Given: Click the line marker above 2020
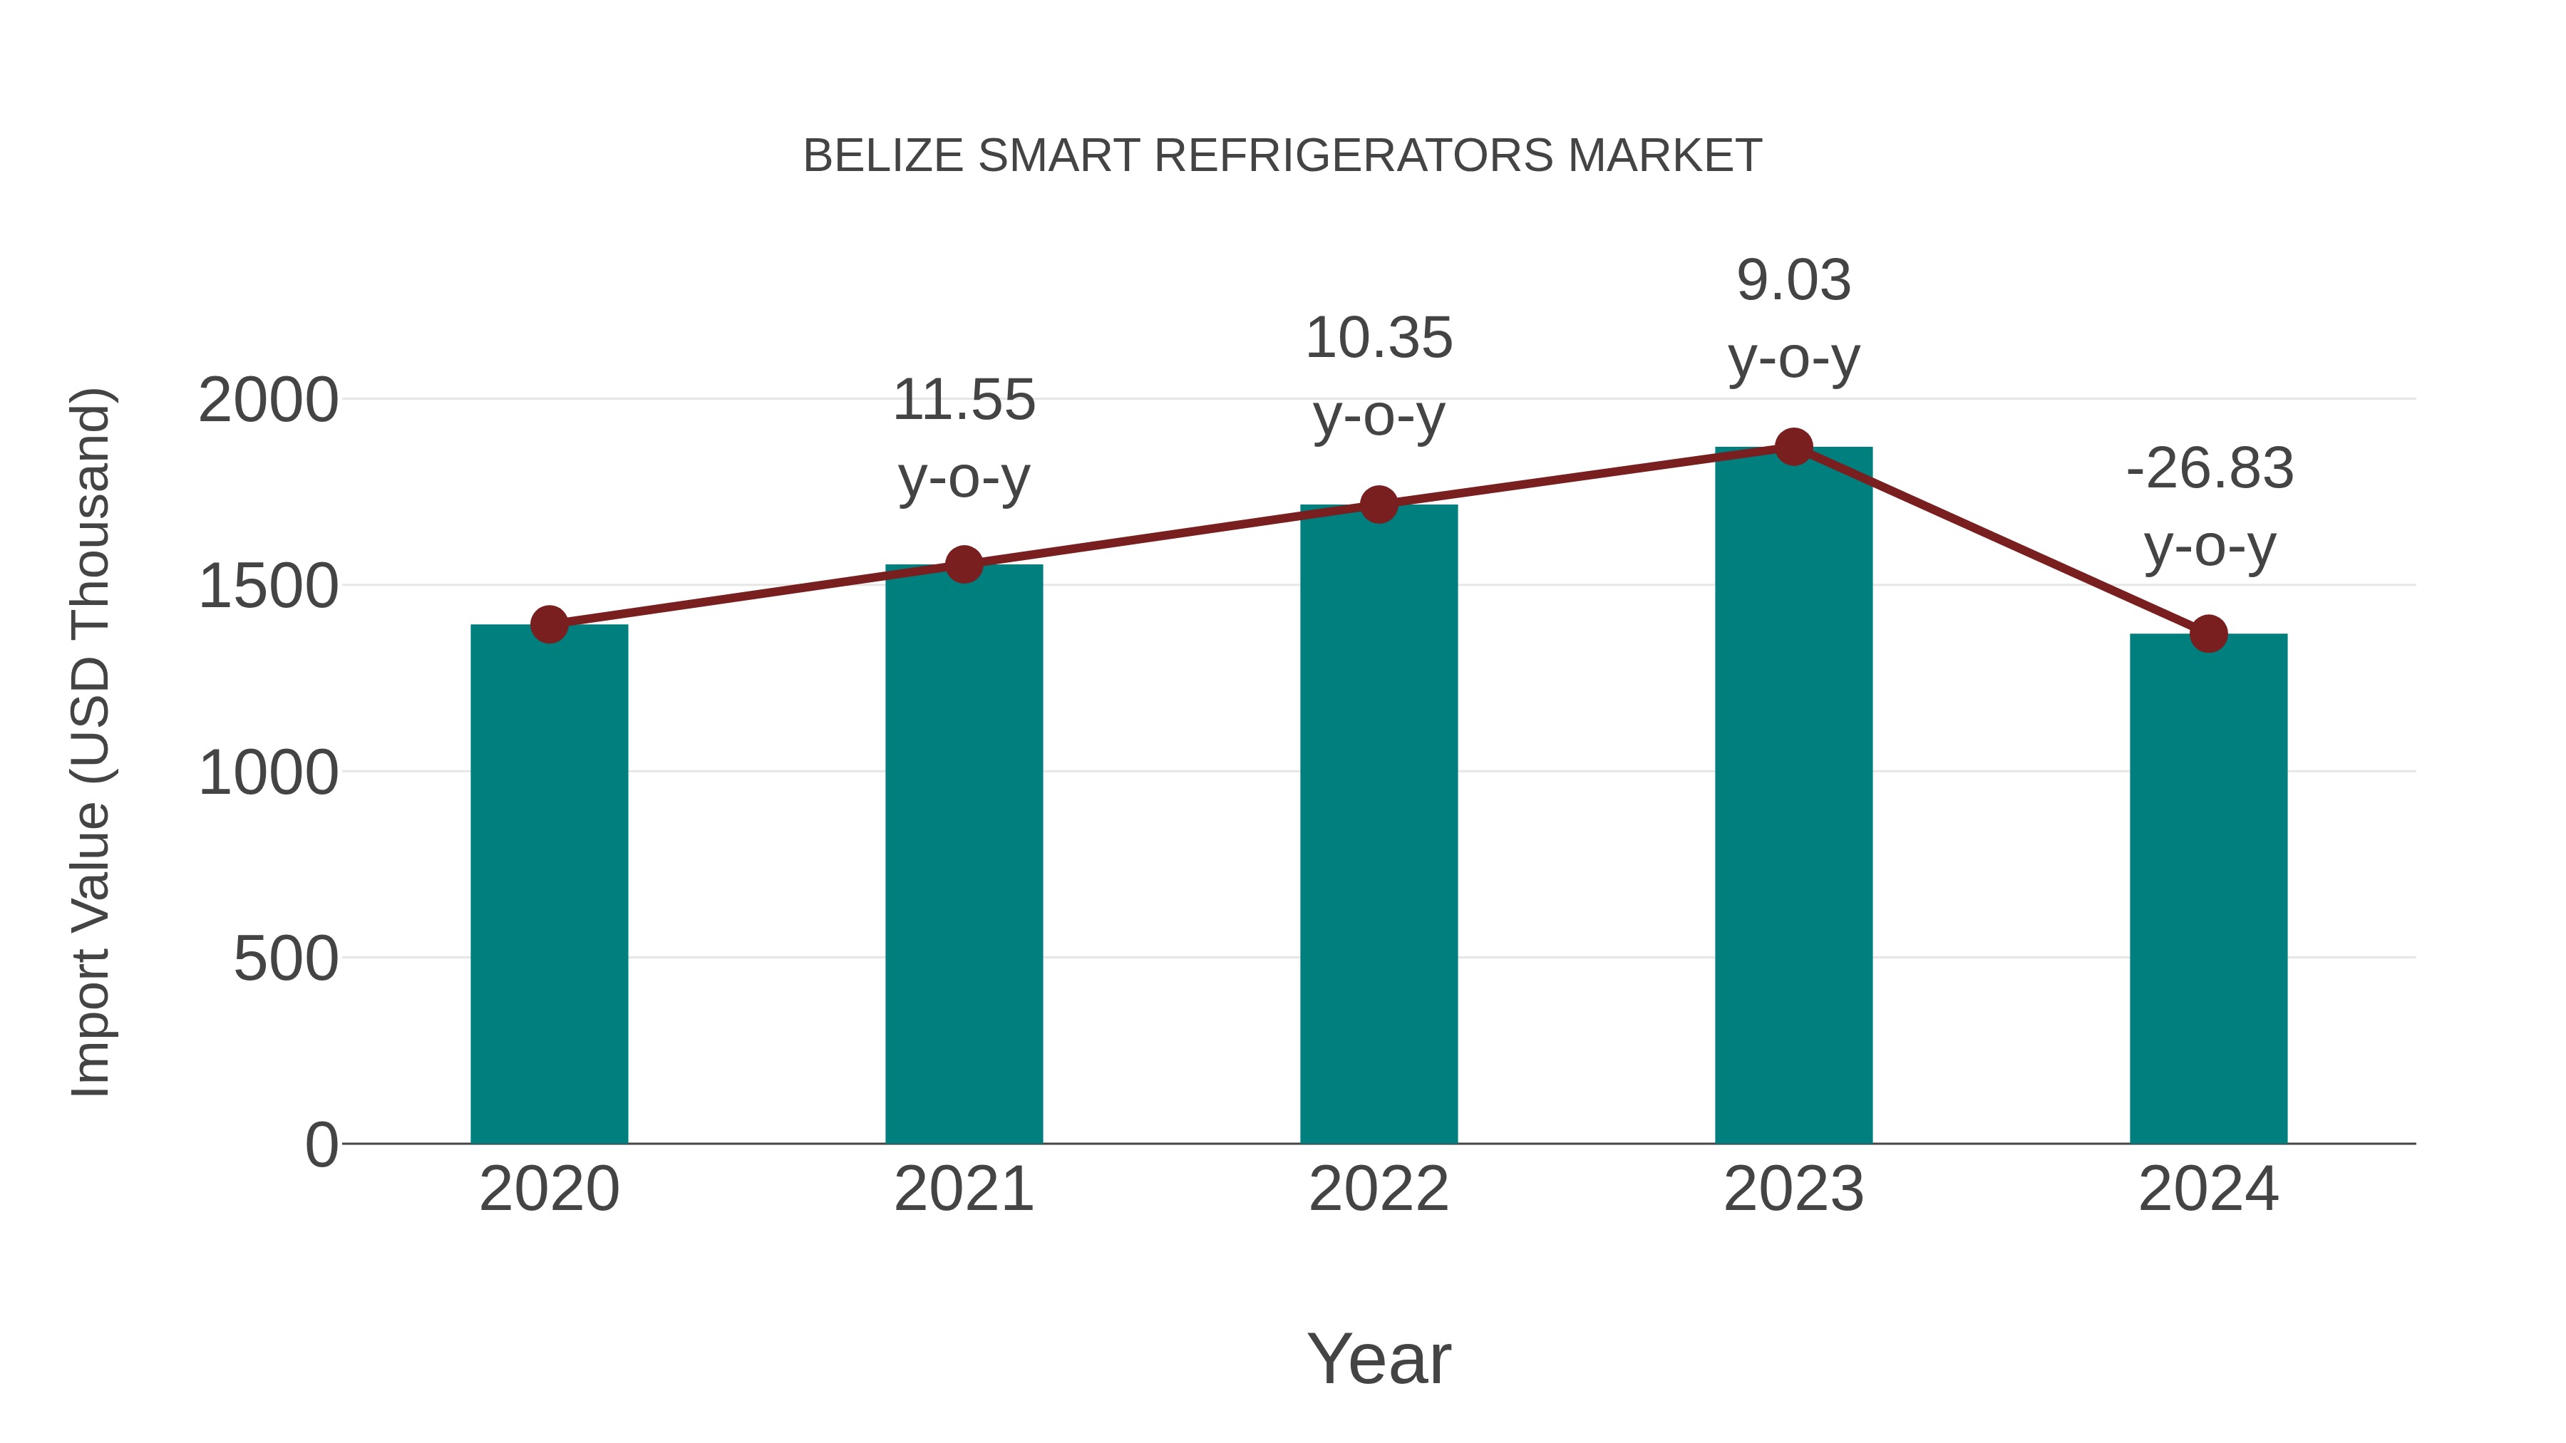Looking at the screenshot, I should tap(549, 624).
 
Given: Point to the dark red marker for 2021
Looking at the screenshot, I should tap(963, 564).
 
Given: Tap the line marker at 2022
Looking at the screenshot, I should tap(1379, 505).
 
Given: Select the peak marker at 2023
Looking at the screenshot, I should tap(1793, 447).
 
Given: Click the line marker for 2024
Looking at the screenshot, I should tap(2208, 633).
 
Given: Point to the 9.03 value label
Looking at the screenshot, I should tap(1793, 280).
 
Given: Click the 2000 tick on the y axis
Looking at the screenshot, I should tap(268, 401).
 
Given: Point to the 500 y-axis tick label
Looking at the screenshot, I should tap(286, 959).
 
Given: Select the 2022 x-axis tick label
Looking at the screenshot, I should tap(1379, 1189).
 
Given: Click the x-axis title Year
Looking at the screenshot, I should tap(1379, 1358).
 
